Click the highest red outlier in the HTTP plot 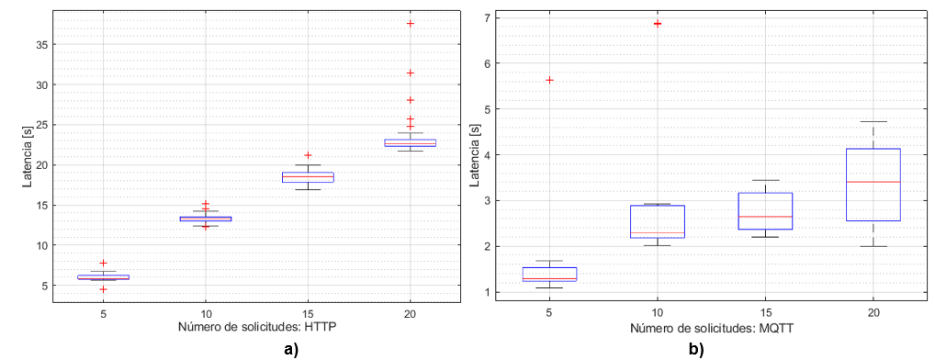click(410, 23)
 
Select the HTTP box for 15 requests click(308, 176)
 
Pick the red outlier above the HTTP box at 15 click(308, 155)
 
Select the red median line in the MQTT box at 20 click(873, 182)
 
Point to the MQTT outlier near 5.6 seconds click(549, 80)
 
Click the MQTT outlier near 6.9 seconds click(658, 23)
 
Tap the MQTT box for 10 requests click(658, 221)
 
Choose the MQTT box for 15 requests click(766, 211)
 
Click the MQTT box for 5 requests click(549, 274)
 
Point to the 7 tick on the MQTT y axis click(497, 17)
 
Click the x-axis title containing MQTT click(711, 328)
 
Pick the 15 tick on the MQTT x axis click(766, 312)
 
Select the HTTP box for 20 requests click(410, 142)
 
